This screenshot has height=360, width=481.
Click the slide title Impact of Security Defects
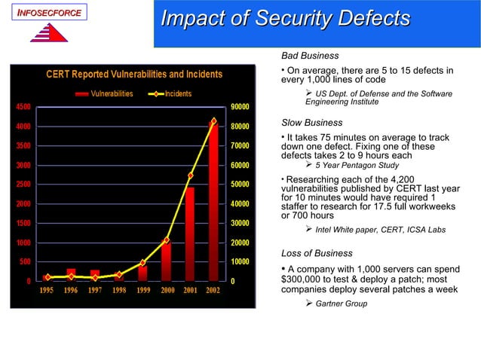point(286,18)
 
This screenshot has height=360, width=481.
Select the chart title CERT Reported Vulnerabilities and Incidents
point(134,74)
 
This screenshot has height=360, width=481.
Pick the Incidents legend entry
point(177,94)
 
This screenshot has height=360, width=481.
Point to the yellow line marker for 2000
point(167,241)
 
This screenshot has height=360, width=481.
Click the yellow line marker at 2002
point(213,121)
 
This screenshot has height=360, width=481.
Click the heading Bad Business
point(310,56)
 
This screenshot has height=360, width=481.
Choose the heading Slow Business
point(311,122)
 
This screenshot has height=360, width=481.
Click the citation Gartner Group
point(342,304)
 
